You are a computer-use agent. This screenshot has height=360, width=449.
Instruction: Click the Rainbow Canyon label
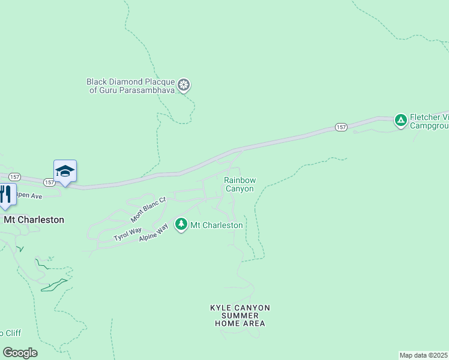coord(240,184)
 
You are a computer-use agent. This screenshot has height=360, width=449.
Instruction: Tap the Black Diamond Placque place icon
coord(184,85)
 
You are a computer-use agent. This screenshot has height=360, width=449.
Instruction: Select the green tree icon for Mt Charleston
coord(181,224)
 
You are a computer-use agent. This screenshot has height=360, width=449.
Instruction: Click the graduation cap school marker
coord(65,172)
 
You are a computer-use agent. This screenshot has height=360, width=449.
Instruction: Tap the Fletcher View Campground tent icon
coord(400,121)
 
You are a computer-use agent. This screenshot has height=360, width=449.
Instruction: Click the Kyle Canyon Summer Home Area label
coord(240,316)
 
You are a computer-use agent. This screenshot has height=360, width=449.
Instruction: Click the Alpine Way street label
coord(154,232)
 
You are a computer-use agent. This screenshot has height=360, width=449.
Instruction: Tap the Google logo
coord(20,353)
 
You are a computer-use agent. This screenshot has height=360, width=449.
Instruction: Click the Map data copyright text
coord(424,355)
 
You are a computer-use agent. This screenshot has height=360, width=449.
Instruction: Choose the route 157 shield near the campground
coord(341,127)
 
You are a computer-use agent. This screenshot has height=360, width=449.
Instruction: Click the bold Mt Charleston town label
coord(34,220)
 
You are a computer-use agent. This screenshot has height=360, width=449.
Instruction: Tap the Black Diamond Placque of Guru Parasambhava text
coord(131,86)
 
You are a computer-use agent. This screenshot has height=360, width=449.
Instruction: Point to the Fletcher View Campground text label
coord(429,122)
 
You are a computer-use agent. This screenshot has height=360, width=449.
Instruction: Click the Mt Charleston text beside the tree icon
coord(217,225)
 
